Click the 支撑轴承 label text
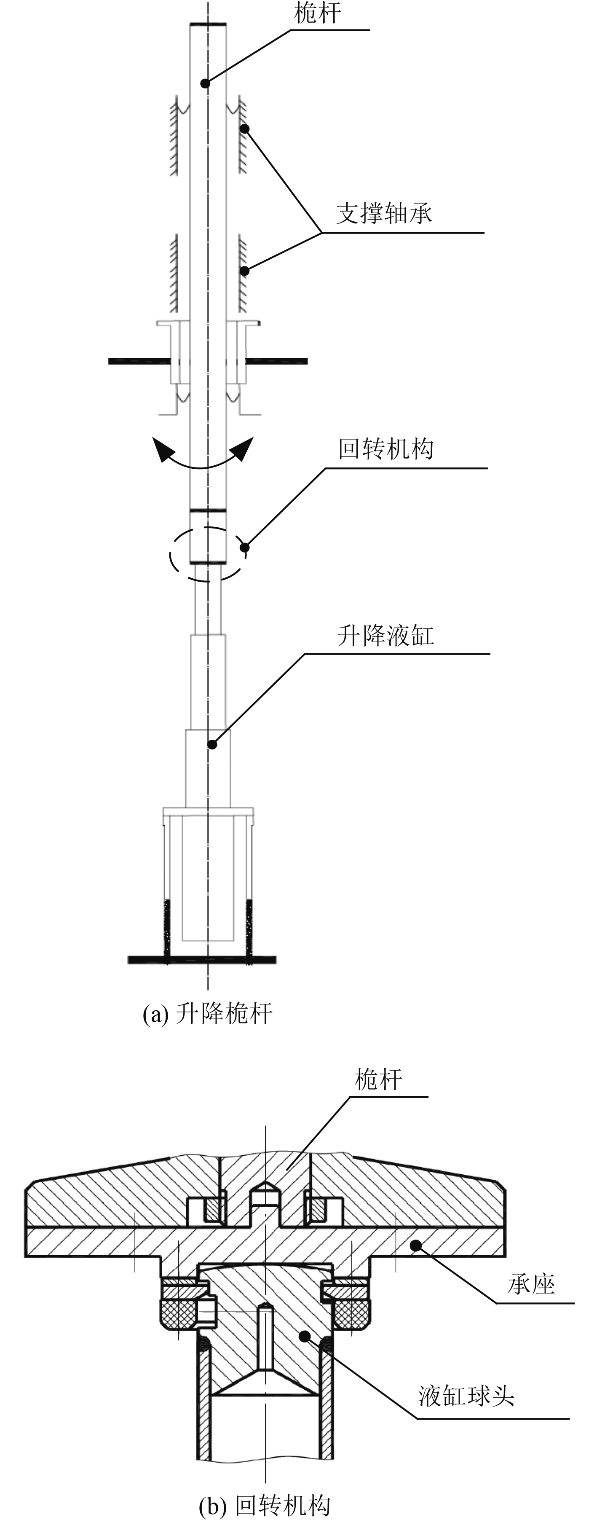click(x=384, y=213)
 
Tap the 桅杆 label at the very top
click(x=317, y=13)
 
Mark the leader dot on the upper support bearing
click(x=244, y=128)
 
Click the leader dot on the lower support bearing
click(x=244, y=271)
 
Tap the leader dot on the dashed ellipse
click(x=244, y=547)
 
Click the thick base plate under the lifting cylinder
click(x=202, y=959)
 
